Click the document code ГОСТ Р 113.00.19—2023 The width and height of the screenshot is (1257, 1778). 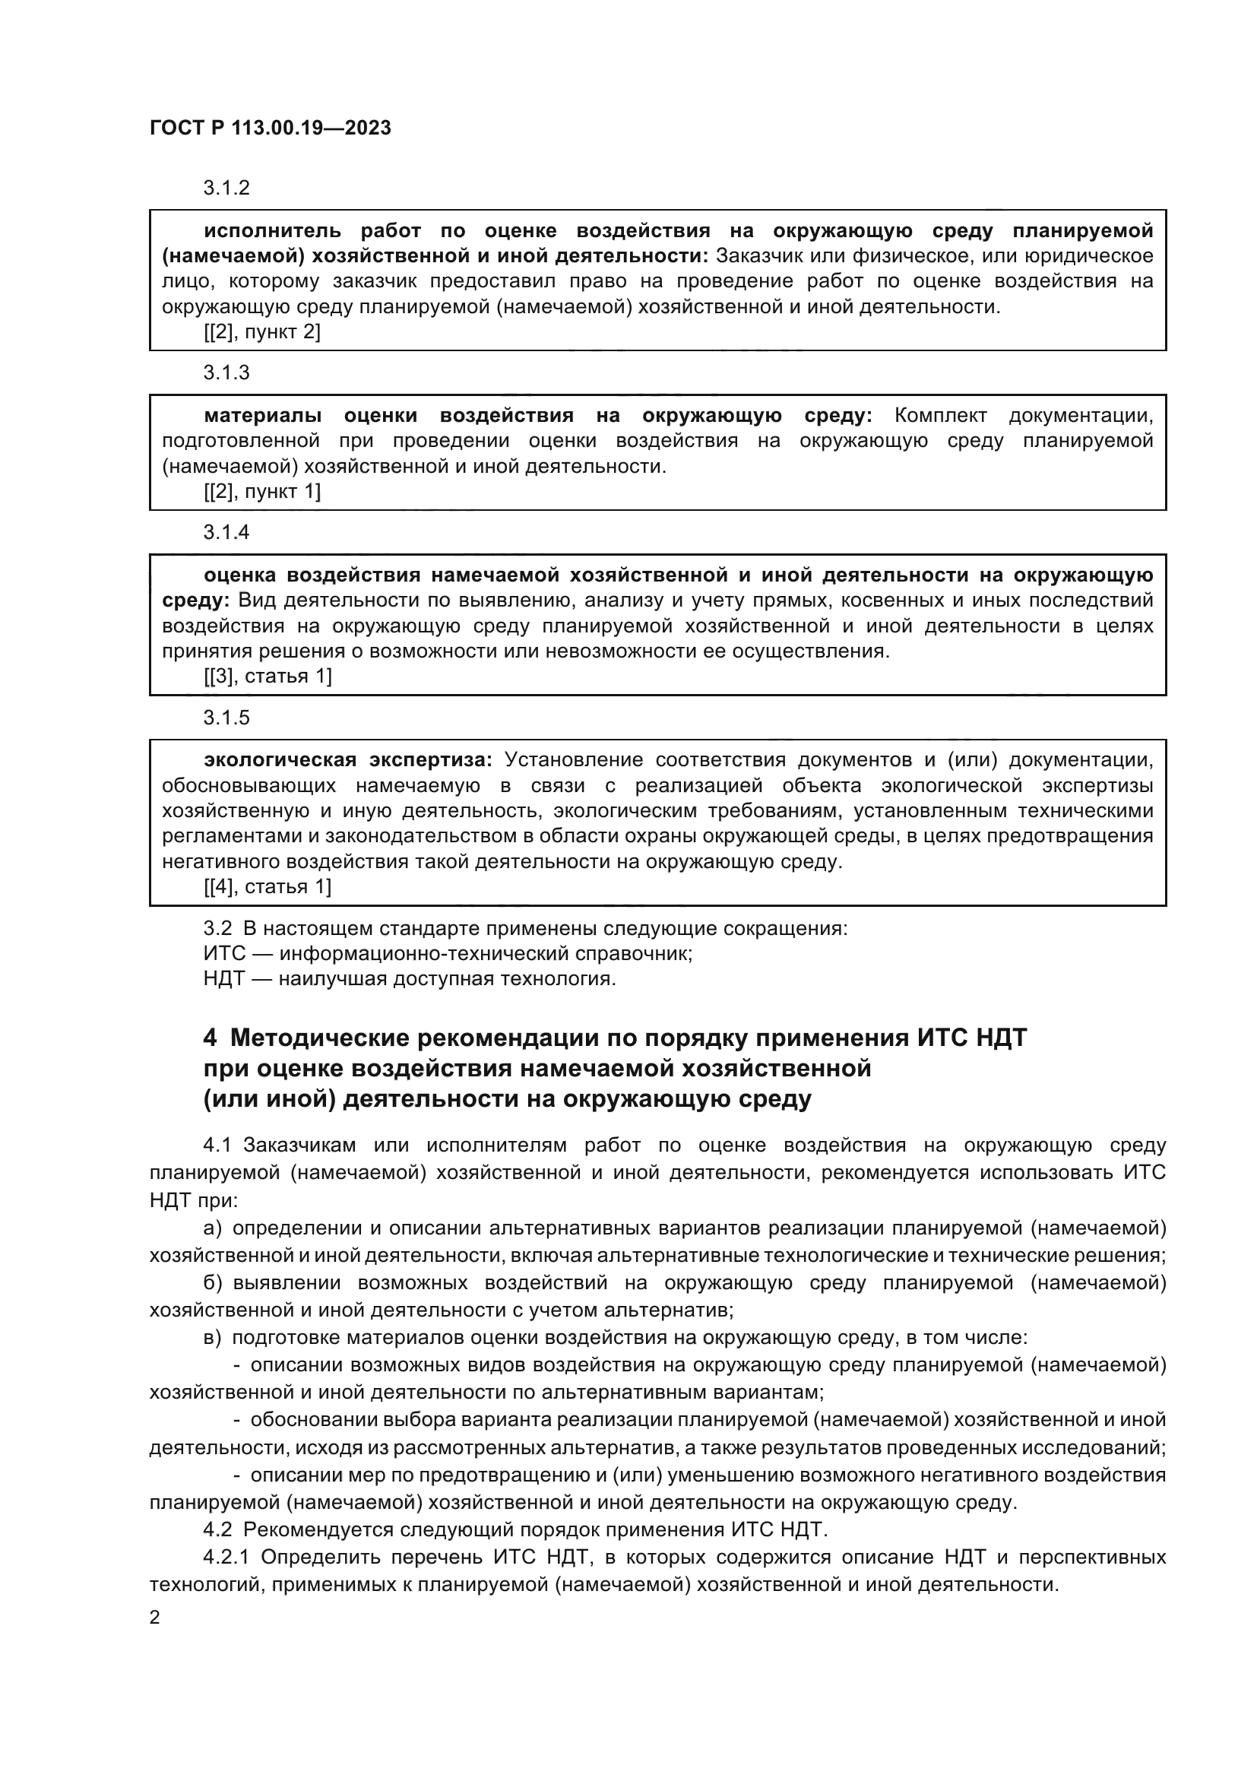tap(270, 128)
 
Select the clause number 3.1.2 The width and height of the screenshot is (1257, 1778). tap(226, 189)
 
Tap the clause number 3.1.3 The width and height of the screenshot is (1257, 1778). tap(226, 373)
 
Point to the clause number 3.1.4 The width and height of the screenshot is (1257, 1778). tap(226, 533)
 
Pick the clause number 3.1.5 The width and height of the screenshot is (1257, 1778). tap(226, 718)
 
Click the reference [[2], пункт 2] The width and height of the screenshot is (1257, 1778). tap(261, 332)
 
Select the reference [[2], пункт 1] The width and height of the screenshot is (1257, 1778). tap(261, 492)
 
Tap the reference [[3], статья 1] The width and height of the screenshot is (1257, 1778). tap(267, 677)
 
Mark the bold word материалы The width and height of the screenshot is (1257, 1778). tap(263, 416)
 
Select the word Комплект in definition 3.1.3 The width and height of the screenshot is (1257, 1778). tap(940, 416)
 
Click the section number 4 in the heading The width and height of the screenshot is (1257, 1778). tap(210, 1038)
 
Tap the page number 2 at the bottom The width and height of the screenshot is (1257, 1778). tap(155, 1618)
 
